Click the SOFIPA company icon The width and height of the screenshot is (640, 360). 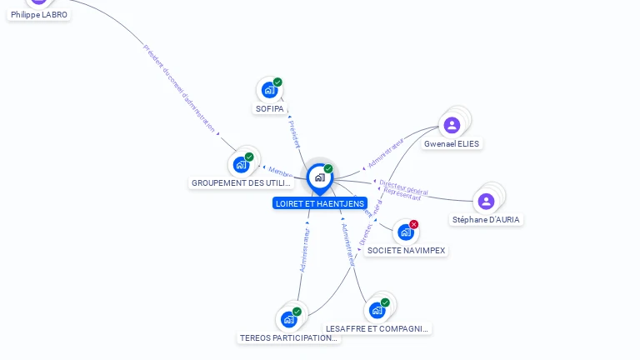pyautogui.click(x=268, y=90)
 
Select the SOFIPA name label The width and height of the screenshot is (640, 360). pyautogui.click(x=269, y=109)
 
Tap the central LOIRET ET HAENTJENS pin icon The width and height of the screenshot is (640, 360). pyautogui.click(x=319, y=177)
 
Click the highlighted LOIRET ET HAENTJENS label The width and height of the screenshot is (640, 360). pyautogui.click(x=319, y=203)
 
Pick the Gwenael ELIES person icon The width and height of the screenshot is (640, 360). pyautogui.click(x=452, y=125)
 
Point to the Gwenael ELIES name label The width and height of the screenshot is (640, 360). pyautogui.click(x=452, y=144)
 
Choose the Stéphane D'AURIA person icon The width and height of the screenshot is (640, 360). pyautogui.click(x=486, y=201)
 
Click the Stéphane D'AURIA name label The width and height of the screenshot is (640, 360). pyautogui.click(x=486, y=220)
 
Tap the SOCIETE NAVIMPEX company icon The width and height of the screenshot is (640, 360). pyautogui.click(x=405, y=232)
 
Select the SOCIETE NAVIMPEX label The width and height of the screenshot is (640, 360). pyautogui.click(x=407, y=251)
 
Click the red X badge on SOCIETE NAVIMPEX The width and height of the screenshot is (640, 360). pyautogui.click(x=413, y=224)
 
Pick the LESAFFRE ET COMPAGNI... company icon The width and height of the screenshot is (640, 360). pyautogui.click(x=377, y=310)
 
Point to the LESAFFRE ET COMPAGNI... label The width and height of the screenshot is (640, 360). pyautogui.click(x=377, y=329)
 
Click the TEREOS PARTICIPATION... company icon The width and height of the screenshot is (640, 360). pyautogui.click(x=288, y=319)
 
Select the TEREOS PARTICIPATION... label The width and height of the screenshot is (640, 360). pyautogui.click(x=289, y=338)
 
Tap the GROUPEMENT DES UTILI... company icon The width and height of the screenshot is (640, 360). pyautogui.click(x=241, y=164)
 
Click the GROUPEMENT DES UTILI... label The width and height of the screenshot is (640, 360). pyautogui.click(x=242, y=183)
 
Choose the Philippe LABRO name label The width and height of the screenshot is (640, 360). pyautogui.click(x=39, y=15)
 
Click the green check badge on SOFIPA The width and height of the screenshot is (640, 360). pyautogui.click(x=277, y=82)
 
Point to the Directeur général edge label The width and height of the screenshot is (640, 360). pyautogui.click(x=403, y=187)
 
